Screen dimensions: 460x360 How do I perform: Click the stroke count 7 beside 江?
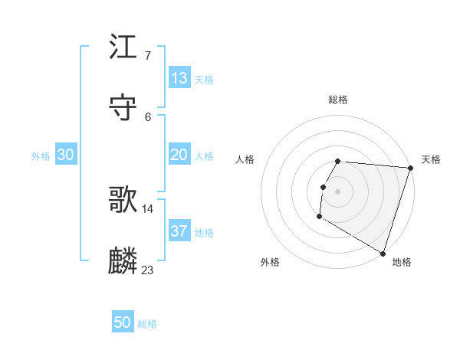pyautogui.click(x=147, y=56)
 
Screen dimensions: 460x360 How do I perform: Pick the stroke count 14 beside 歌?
pyautogui.click(x=148, y=208)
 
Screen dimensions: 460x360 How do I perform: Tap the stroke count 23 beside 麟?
pyautogui.click(x=148, y=270)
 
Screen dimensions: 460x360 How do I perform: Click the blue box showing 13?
pyautogui.click(x=179, y=78)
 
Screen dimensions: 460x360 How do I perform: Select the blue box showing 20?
pyautogui.click(x=179, y=155)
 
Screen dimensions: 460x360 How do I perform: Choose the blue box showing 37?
pyautogui.click(x=179, y=231)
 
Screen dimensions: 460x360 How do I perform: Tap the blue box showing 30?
pyautogui.click(x=66, y=155)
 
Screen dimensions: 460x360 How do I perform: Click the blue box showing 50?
pyautogui.click(x=123, y=322)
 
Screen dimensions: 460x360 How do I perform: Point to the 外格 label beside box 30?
pyautogui.click(x=41, y=156)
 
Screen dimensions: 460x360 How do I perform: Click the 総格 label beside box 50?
pyautogui.click(x=147, y=324)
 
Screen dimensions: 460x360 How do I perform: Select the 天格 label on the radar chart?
pyautogui.click(x=432, y=159)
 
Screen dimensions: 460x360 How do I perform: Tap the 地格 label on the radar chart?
pyautogui.click(x=402, y=262)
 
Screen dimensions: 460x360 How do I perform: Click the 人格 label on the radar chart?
pyautogui.click(x=245, y=159)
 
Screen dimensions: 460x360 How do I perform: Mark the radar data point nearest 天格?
pyautogui.click(x=410, y=168)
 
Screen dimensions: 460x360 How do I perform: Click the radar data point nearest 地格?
pyautogui.click(x=383, y=253)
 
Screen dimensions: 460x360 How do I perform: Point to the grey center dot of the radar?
pyautogui.click(x=338, y=191)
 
